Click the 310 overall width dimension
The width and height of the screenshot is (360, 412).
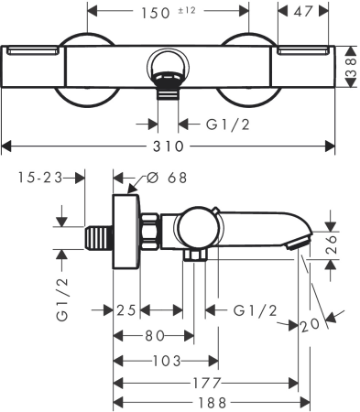coord(171,146)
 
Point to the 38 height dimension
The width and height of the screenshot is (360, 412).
coord(351,67)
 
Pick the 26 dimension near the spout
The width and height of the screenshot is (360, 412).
coord(337,245)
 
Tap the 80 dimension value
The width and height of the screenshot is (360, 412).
coord(152,335)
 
